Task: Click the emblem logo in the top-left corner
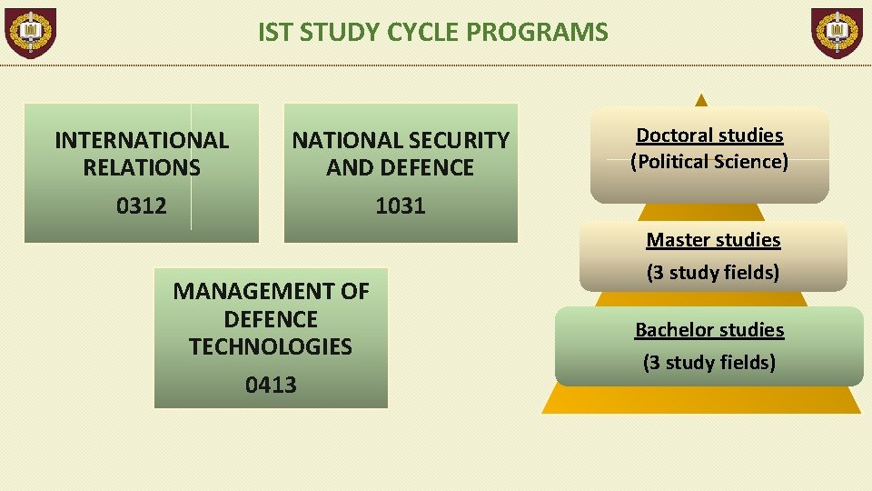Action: (31, 33)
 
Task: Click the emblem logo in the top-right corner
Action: (837, 33)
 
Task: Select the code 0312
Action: (142, 205)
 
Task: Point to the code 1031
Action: (401, 205)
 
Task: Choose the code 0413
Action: (271, 385)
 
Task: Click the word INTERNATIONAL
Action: (142, 140)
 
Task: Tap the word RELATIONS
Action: (142, 167)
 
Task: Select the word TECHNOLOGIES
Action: (271, 346)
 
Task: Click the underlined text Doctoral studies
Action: (709, 135)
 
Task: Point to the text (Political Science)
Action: (709, 162)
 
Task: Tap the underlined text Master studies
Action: (713, 240)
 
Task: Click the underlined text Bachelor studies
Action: (709, 330)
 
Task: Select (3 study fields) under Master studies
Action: (713, 272)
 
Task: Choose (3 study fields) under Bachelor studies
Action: (709, 362)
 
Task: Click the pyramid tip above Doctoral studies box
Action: (700, 99)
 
